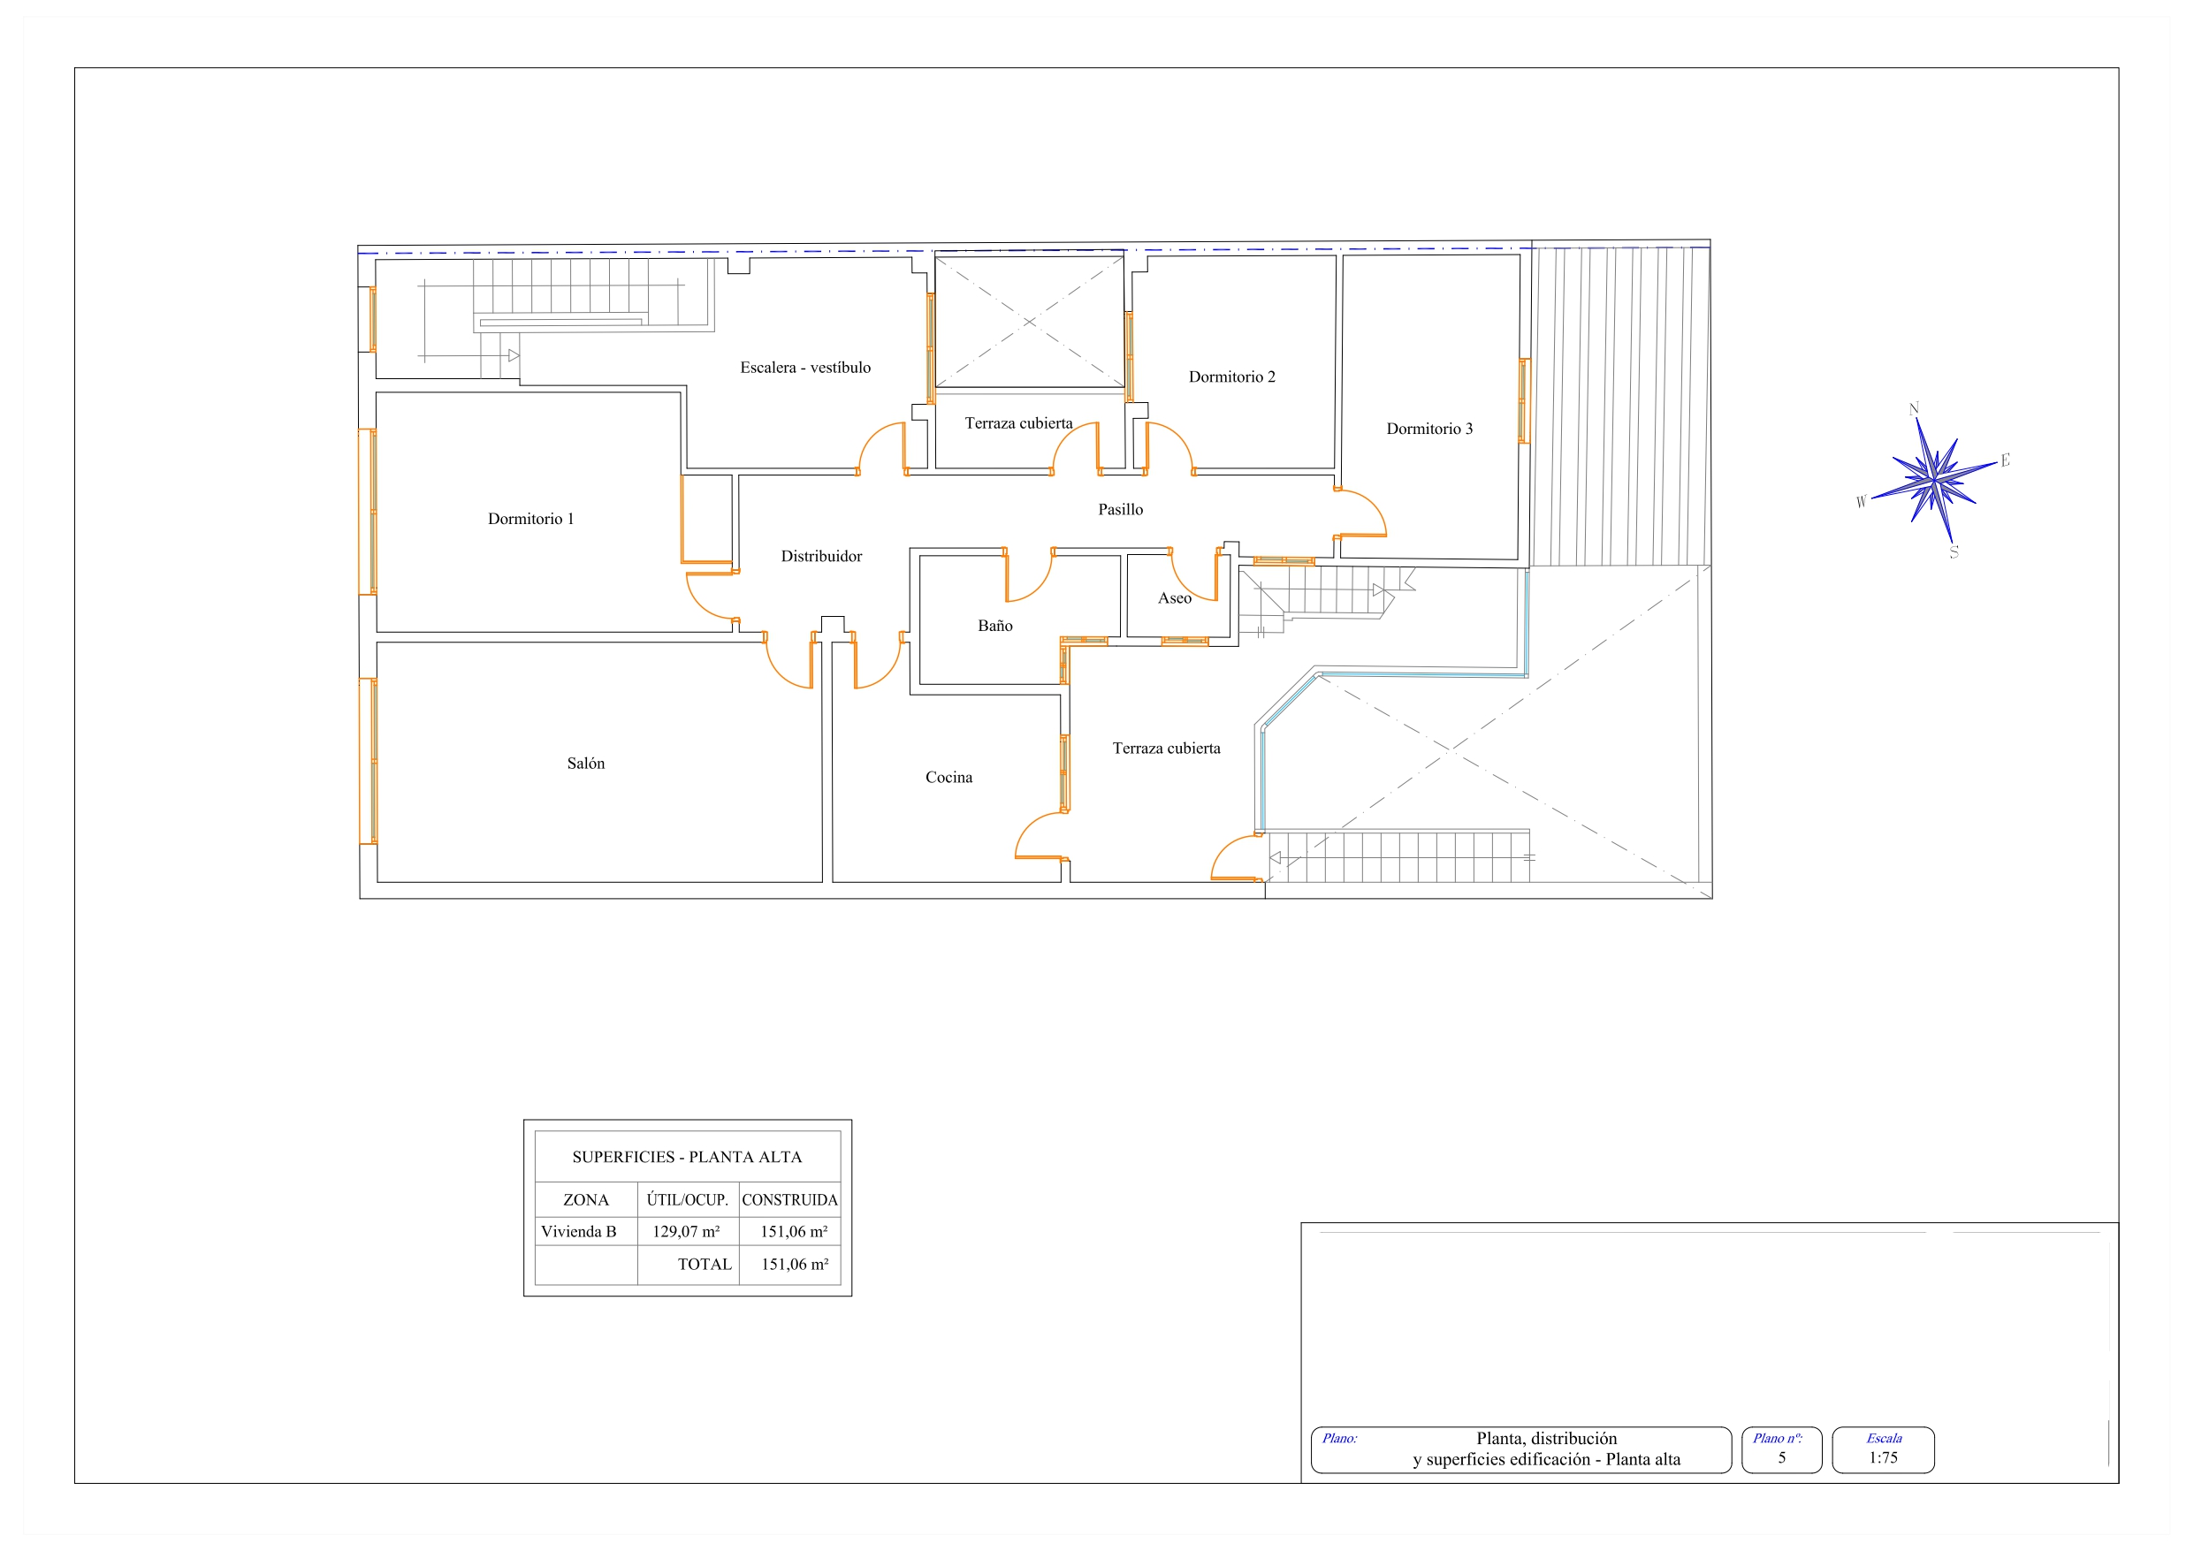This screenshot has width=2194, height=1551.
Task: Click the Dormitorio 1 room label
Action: coord(530,519)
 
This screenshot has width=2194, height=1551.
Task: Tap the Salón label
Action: coord(586,763)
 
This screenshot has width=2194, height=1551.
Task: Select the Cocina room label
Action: coord(948,777)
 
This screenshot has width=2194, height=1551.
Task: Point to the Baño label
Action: coord(994,625)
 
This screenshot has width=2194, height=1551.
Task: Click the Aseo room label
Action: coord(1175,598)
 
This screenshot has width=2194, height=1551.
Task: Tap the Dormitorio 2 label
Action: coord(1231,376)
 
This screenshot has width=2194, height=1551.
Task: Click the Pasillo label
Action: coord(1120,509)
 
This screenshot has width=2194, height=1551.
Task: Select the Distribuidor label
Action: coord(821,556)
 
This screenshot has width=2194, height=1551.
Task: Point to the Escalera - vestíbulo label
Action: coord(805,367)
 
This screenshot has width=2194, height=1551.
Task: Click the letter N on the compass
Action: coord(1914,409)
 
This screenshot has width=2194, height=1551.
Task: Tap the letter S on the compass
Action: coord(1954,551)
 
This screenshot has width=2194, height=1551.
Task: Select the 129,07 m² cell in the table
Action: coord(686,1232)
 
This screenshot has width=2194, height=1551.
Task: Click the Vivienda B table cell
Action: coord(578,1232)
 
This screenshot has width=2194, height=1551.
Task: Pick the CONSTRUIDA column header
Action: coord(789,1200)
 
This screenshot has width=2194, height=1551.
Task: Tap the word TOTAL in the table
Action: coord(705,1265)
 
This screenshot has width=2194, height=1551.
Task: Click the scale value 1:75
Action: coord(1883,1457)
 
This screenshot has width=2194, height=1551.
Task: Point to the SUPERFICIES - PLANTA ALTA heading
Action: coord(687,1157)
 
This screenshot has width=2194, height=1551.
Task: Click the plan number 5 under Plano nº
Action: coord(1781,1457)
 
